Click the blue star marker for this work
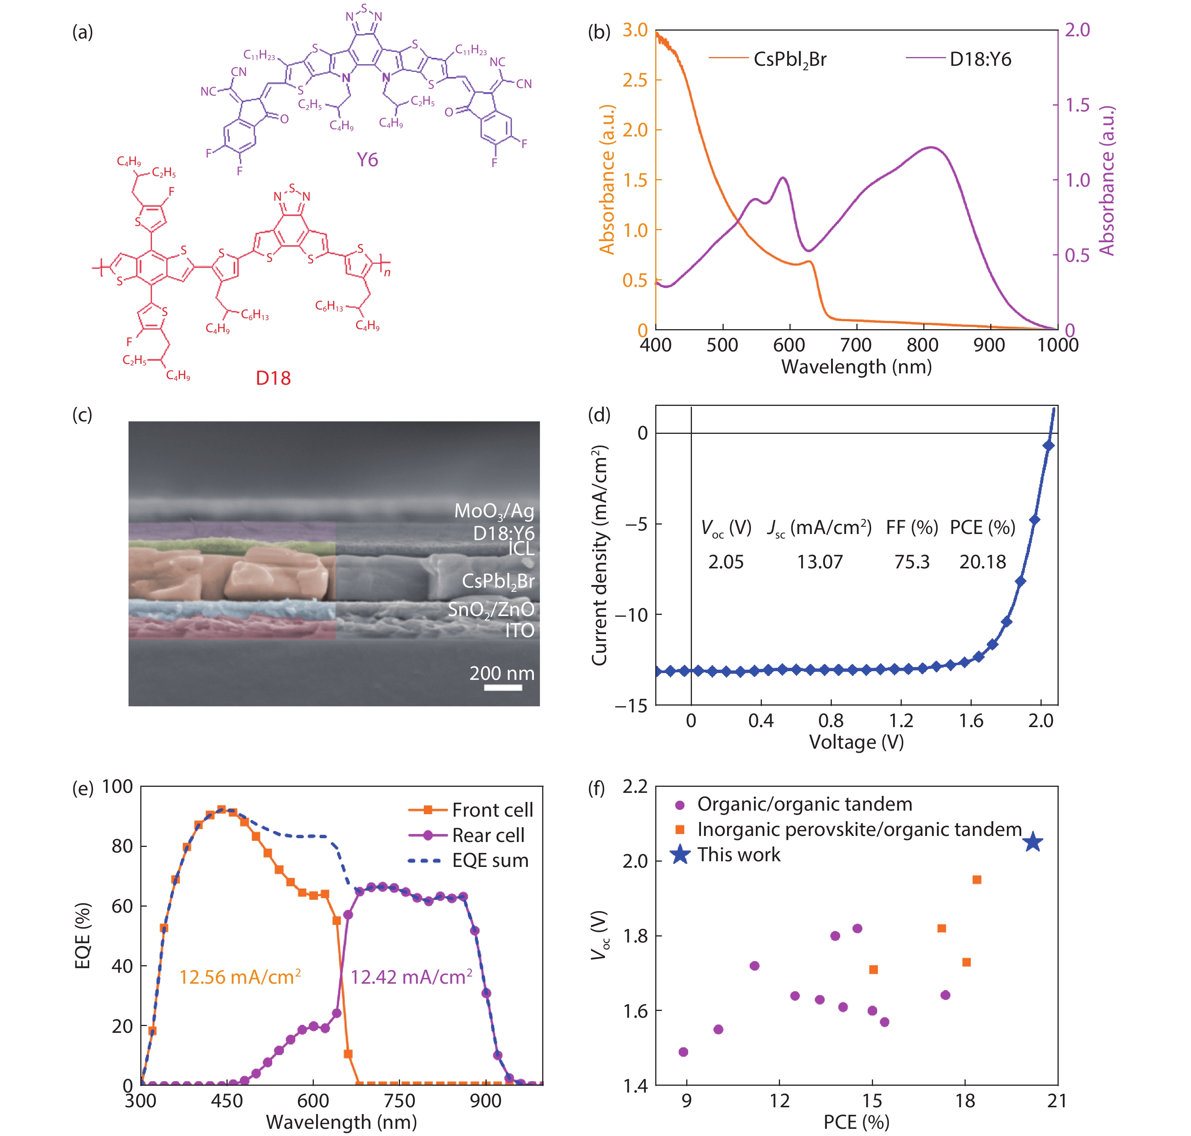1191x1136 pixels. [x=1033, y=842]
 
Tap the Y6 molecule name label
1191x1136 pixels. [x=367, y=160]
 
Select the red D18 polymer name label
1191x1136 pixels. [x=273, y=378]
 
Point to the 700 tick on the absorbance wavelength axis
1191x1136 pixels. [x=856, y=345]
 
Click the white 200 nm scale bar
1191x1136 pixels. [x=503, y=687]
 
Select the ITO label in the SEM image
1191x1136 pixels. [x=520, y=630]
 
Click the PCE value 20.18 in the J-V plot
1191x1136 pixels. [x=982, y=562]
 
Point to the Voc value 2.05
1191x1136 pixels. [x=726, y=562]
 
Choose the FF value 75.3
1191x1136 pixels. [x=912, y=562]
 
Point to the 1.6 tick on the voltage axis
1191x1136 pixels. [x=971, y=721]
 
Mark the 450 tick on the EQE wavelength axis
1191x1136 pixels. [x=227, y=1100]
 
